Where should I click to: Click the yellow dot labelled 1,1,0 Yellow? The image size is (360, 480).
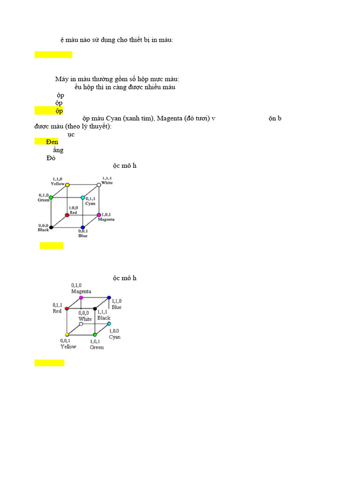(67, 185)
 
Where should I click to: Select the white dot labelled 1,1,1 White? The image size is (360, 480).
(98, 185)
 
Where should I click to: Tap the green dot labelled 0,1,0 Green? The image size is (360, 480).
(51, 197)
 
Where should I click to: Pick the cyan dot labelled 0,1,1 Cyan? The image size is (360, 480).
(82, 198)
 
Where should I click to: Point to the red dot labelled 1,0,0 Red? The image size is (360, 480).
(67, 215)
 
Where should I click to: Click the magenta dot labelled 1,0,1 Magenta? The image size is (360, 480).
(98, 215)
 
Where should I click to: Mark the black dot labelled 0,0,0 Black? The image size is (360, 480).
(51, 227)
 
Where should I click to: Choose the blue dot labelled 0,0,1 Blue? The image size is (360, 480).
(82, 227)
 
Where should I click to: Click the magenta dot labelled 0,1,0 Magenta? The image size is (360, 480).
(81, 298)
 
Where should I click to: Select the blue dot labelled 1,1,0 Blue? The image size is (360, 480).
(109, 298)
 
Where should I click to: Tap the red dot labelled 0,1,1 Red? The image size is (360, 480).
(67, 308)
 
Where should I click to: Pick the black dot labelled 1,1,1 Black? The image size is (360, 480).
(95, 309)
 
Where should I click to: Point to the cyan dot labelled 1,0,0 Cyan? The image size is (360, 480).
(109, 324)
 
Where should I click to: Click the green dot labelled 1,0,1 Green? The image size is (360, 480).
(95, 335)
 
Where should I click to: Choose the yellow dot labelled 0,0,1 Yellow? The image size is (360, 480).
(67, 335)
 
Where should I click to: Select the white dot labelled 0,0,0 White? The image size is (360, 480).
(81, 324)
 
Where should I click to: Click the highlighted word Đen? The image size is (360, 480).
(52, 142)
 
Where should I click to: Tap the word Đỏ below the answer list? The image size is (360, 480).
(51, 158)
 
